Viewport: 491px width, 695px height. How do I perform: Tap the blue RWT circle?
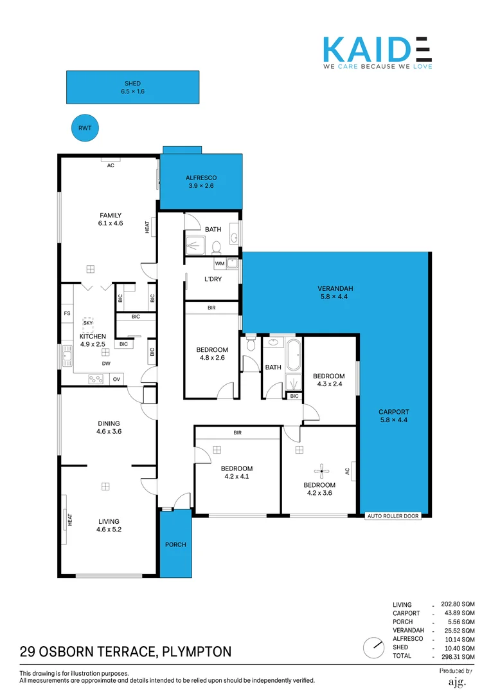(85, 128)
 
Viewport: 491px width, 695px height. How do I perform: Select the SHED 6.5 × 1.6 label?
(133, 88)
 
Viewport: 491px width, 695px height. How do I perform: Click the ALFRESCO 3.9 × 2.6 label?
(201, 181)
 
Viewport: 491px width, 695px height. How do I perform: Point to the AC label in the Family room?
(111, 165)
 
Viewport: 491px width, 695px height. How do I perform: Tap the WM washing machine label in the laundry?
(220, 263)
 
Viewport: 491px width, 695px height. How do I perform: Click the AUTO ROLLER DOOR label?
(393, 516)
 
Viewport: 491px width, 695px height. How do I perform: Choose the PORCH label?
(175, 544)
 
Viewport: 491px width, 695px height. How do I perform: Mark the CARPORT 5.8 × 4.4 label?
(393, 416)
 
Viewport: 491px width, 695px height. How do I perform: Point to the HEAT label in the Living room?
(70, 519)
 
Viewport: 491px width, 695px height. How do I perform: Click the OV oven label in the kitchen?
(116, 379)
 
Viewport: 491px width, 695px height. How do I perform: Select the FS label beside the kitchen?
(67, 313)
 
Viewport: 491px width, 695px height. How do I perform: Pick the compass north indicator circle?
(371, 645)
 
